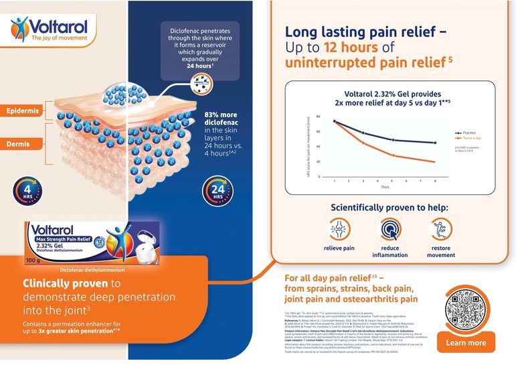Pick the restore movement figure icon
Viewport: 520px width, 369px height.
440,230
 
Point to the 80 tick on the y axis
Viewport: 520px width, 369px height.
318,117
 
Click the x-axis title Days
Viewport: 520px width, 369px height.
385,188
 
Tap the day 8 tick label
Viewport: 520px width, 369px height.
436,181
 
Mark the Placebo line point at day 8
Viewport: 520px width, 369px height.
436,143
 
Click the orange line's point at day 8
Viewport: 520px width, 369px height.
436,162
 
